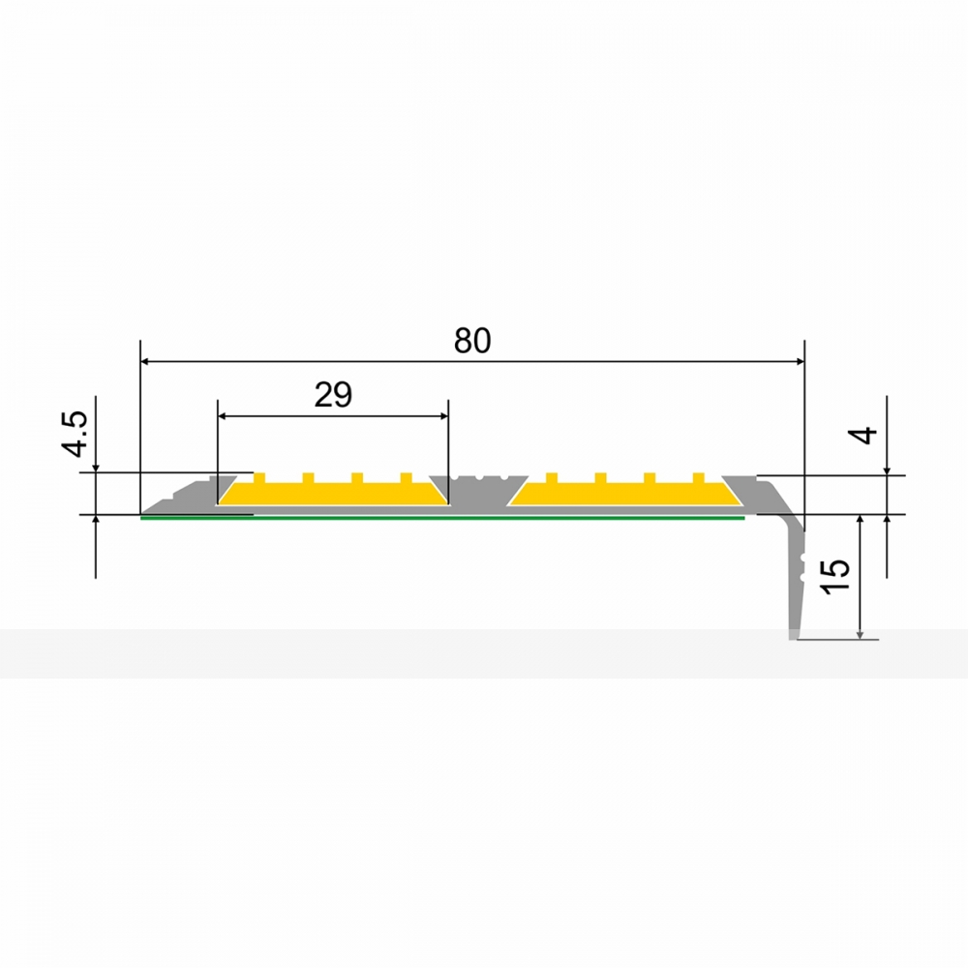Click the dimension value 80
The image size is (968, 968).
[x=472, y=340]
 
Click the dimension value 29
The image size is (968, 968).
[x=333, y=395]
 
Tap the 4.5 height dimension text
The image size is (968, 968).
[x=77, y=434]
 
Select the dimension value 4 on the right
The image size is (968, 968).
[x=865, y=435]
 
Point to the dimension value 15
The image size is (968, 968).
[x=836, y=577]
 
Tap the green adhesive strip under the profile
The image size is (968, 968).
[x=442, y=518]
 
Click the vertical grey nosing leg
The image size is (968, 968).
[x=797, y=580]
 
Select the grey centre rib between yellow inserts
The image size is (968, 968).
[x=478, y=491]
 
